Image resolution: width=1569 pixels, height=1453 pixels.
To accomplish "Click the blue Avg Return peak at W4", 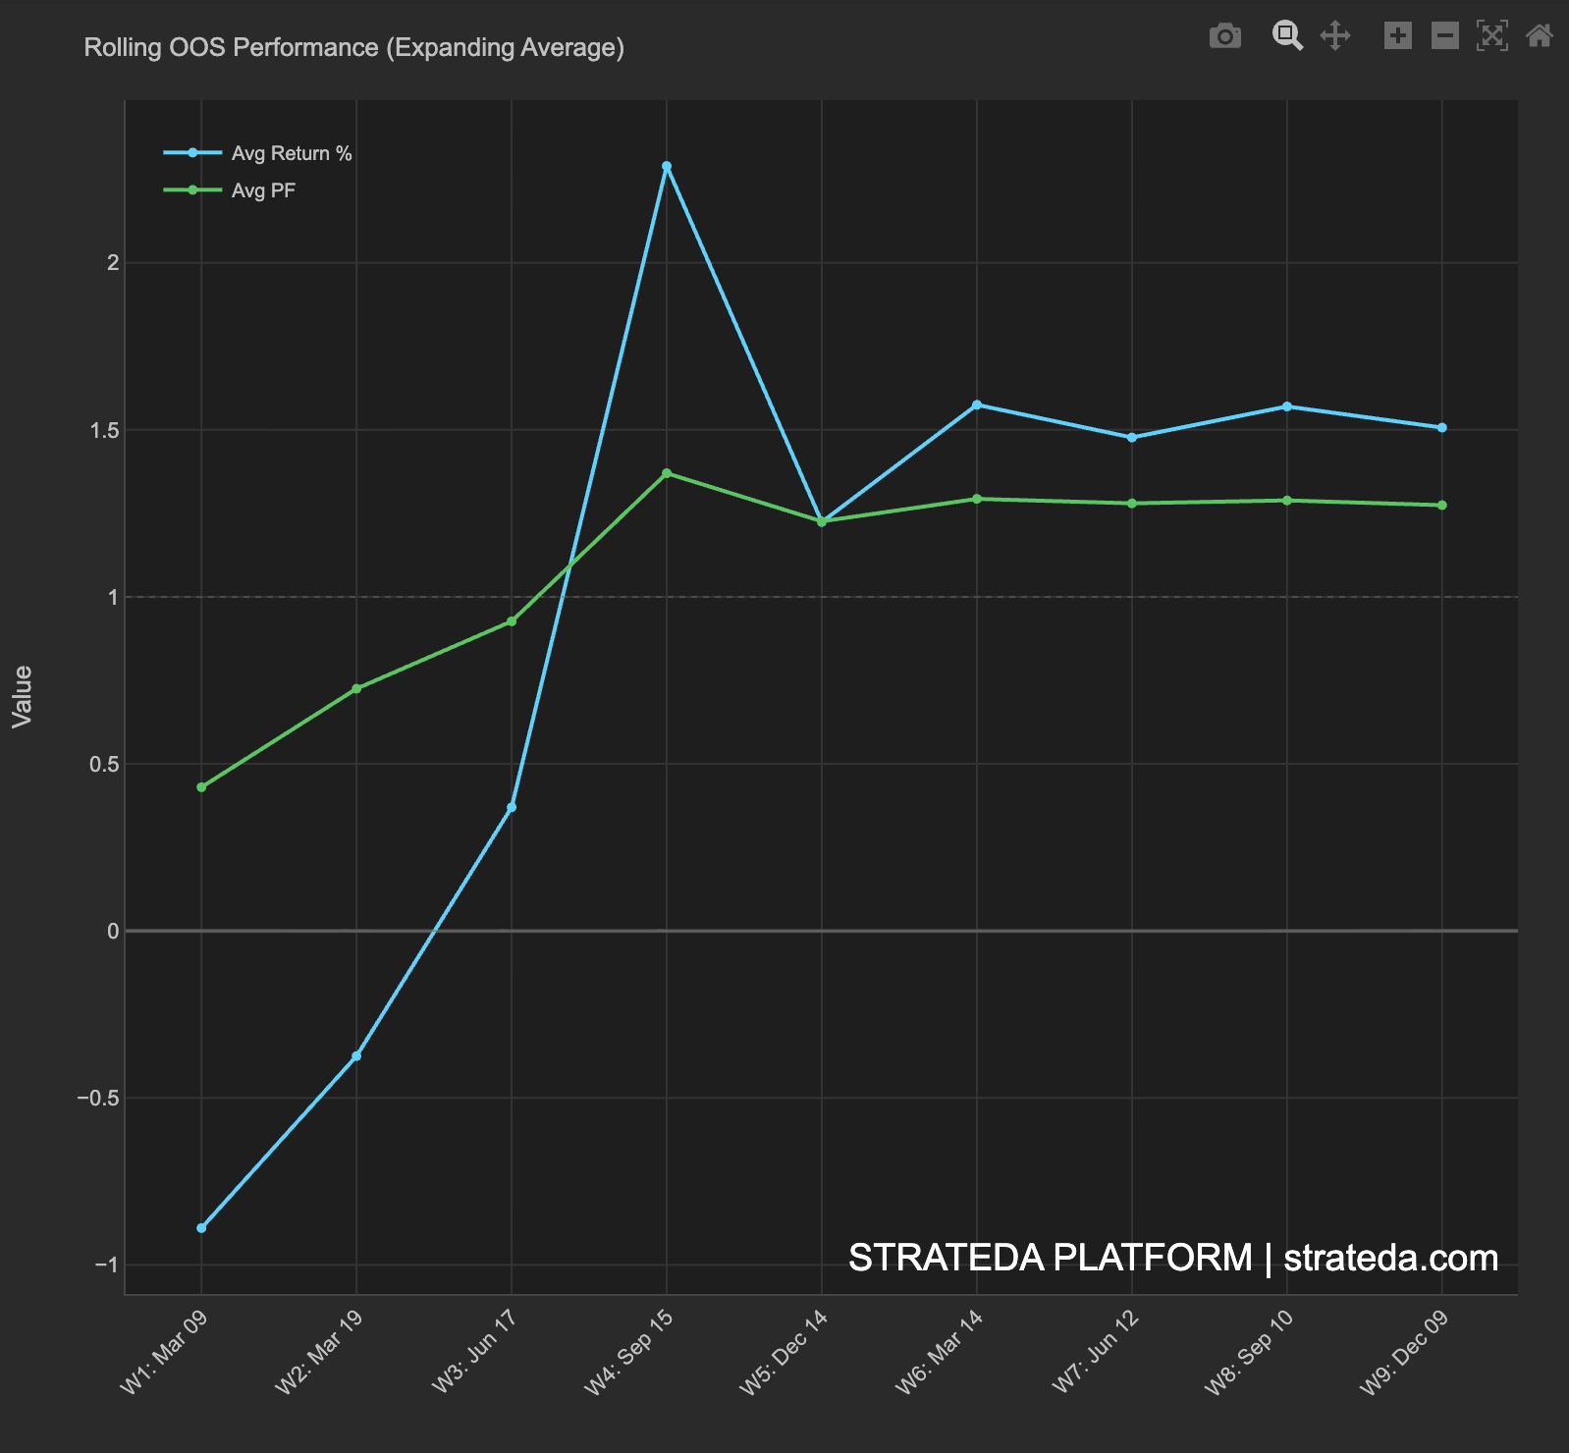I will [x=667, y=166].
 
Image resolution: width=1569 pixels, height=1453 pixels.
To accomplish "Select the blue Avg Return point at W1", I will [x=201, y=1228].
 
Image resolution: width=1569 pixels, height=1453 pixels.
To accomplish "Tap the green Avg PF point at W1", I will [x=201, y=787].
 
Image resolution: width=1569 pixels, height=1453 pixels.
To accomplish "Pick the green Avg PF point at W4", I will [x=667, y=473].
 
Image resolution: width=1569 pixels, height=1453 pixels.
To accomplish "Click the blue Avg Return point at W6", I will [x=977, y=404].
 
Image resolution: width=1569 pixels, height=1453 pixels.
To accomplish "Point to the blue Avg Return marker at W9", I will [x=1442, y=428].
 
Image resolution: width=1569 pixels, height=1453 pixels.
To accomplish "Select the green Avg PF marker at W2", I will [x=356, y=689].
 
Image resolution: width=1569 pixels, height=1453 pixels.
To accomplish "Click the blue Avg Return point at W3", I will [x=512, y=808].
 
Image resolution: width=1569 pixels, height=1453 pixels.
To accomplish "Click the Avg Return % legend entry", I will [x=291, y=153].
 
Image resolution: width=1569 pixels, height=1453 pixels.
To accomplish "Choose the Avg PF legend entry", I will [x=263, y=190].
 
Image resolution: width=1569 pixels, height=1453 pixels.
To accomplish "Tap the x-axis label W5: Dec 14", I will [x=784, y=1353].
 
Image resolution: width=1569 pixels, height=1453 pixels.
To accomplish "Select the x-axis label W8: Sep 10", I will [x=1249, y=1353].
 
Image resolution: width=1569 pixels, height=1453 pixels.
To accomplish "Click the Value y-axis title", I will [x=23, y=696].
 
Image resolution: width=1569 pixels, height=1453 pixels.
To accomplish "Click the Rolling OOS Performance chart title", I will [x=353, y=47].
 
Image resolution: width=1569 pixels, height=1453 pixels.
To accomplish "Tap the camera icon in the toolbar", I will [x=1224, y=36].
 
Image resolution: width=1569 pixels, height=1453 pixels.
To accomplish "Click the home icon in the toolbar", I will [x=1539, y=36].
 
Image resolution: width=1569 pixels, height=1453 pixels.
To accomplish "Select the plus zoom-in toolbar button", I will [x=1397, y=36].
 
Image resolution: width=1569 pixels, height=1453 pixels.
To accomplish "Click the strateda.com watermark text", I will [x=1390, y=1258].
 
